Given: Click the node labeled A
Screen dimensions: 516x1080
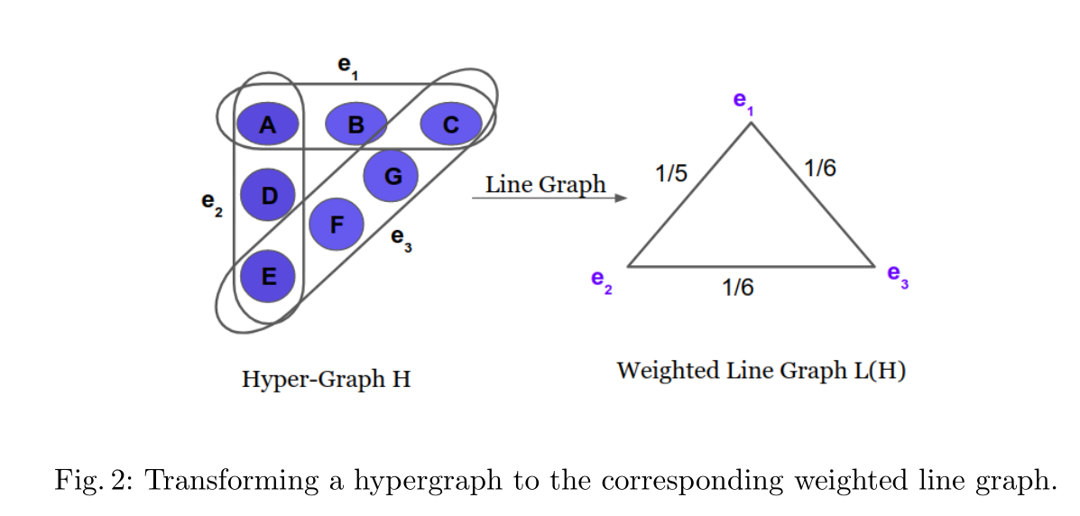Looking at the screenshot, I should (x=267, y=124).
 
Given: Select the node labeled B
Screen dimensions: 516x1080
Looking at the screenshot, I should (x=355, y=124).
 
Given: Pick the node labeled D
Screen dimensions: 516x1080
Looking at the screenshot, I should (x=268, y=195).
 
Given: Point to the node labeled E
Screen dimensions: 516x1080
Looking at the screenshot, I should (x=268, y=275).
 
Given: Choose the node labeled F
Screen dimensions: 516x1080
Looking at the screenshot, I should (x=336, y=225).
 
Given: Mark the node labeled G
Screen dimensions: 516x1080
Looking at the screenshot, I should (x=392, y=175).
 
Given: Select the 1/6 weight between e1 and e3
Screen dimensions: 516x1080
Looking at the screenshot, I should (x=820, y=167).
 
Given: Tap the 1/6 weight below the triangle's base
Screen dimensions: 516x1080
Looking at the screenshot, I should (x=737, y=287).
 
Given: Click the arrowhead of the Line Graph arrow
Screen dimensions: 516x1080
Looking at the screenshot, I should (x=620, y=197).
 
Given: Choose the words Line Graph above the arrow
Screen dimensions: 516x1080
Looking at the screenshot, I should (x=545, y=185).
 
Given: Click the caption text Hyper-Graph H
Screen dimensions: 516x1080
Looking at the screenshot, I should (x=326, y=380).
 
